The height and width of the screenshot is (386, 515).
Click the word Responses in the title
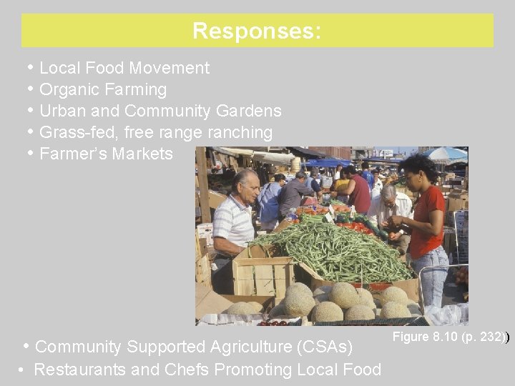point(255,31)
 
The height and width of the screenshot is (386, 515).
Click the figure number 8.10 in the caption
point(446,337)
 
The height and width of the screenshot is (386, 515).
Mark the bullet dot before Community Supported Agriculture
point(26,347)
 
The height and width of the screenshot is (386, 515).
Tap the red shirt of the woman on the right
point(427,219)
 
